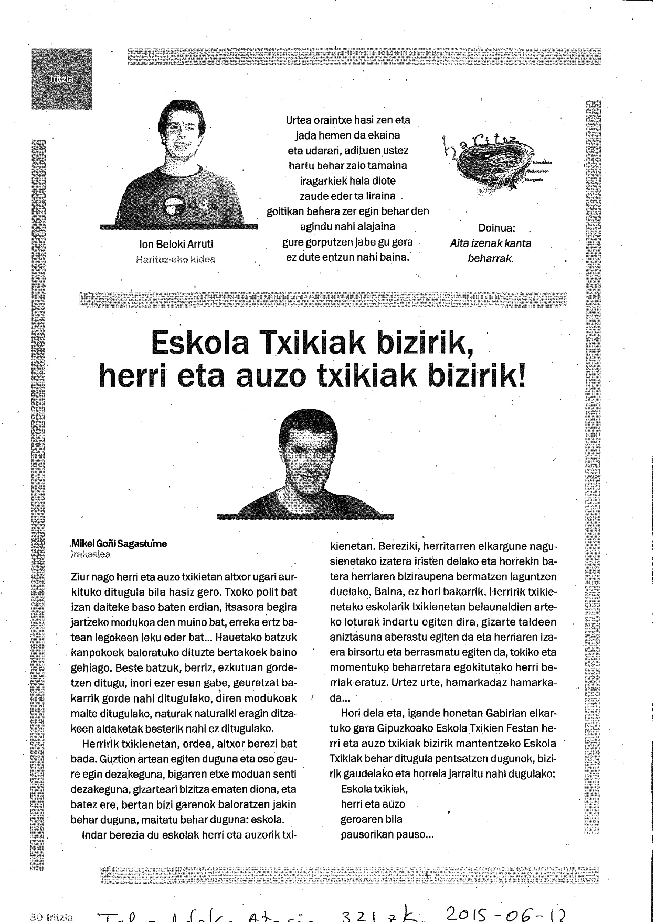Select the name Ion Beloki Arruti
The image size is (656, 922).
click(x=176, y=244)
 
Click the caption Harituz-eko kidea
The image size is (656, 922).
click(x=175, y=259)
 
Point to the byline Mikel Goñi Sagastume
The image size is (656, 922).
click(x=119, y=544)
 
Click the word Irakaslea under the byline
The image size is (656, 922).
click(x=90, y=554)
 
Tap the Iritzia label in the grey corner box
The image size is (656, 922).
click(x=62, y=79)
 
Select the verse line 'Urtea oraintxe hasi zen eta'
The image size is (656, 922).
click(x=348, y=120)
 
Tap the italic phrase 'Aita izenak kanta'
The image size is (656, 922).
click(x=491, y=243)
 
